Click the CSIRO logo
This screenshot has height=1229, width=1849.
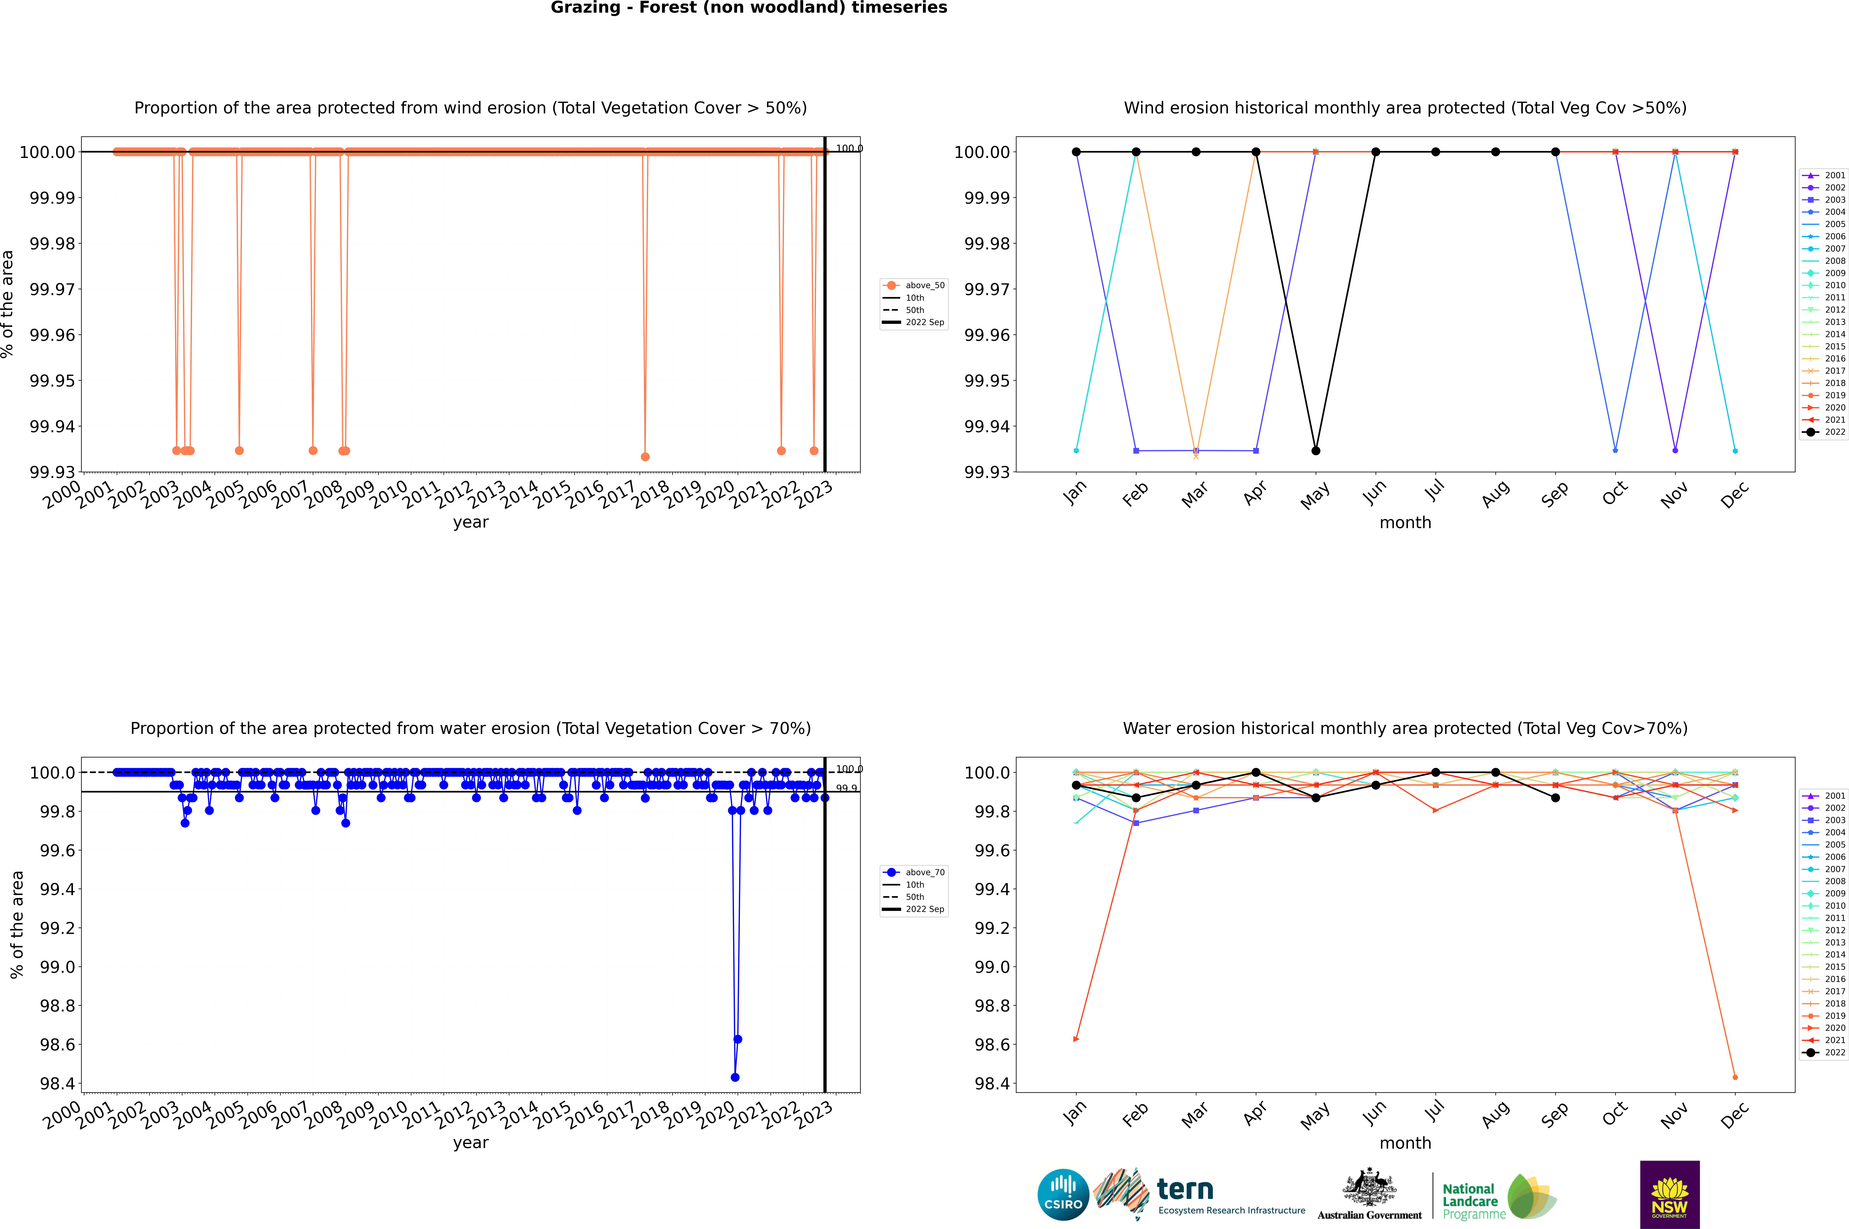[x=1063, y=1195]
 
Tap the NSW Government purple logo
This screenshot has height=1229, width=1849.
[x=1669, y=1195]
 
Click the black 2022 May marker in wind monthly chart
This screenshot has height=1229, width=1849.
[x=1316, y=451]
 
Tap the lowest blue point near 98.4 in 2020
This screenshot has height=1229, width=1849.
[x=734, y=1077]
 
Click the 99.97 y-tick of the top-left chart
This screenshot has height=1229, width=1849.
[x=53, y=289]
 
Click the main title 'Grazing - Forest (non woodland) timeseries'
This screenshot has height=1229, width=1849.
[x=748, y=8]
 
